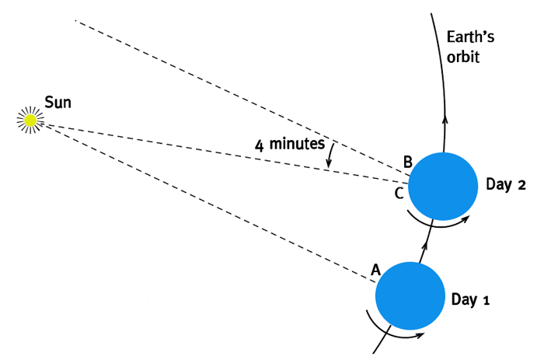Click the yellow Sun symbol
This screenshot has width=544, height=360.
coord(30,120)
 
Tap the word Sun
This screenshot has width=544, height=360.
coord(58,101)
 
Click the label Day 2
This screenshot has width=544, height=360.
coord(506,185)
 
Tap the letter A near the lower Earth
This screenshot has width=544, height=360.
coord(375,270)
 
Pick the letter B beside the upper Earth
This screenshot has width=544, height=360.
coord(406,163)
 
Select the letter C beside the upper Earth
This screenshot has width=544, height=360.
coord(399,194)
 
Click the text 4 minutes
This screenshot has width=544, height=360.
coord(289,144)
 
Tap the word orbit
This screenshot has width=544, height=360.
coord(464,57)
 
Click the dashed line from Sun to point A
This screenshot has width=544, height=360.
coord(202,201)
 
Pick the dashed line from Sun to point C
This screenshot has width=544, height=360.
coord(218,152)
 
